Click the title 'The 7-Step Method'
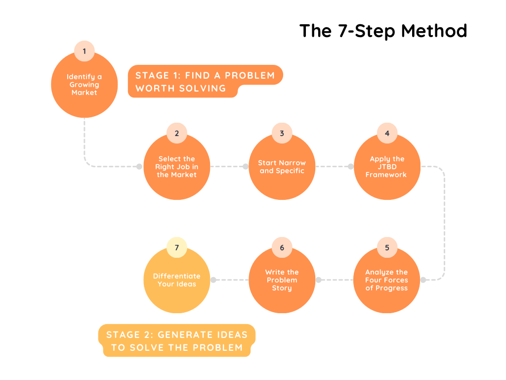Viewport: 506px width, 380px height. (383, 31)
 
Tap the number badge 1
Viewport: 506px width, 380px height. (84, 51)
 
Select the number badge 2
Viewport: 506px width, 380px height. (177, 133)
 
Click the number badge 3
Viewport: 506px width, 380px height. (282, 133)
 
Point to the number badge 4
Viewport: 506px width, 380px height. (387, 133)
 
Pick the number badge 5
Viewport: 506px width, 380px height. (387, 247)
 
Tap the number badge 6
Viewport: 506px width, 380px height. (282, 247)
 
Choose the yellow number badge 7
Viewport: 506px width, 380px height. (177, 247)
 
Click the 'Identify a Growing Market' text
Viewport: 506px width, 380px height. (84, 85)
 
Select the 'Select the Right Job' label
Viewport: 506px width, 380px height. (177, 167)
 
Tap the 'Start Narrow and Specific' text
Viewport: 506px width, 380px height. (282, 167)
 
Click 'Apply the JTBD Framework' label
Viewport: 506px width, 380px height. (387, 167)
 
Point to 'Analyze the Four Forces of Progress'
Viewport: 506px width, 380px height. (387, 280)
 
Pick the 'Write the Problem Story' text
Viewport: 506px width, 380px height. (282, 280)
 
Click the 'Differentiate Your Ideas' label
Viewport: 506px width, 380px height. (177, 280)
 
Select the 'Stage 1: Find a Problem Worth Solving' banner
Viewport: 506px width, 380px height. (205, 82)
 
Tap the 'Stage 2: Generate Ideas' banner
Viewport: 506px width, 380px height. (177, 341)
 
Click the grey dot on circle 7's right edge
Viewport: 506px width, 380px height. (213, 280)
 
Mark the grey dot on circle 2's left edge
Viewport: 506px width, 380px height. (139, 167)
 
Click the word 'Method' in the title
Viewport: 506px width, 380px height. (434, 31)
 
